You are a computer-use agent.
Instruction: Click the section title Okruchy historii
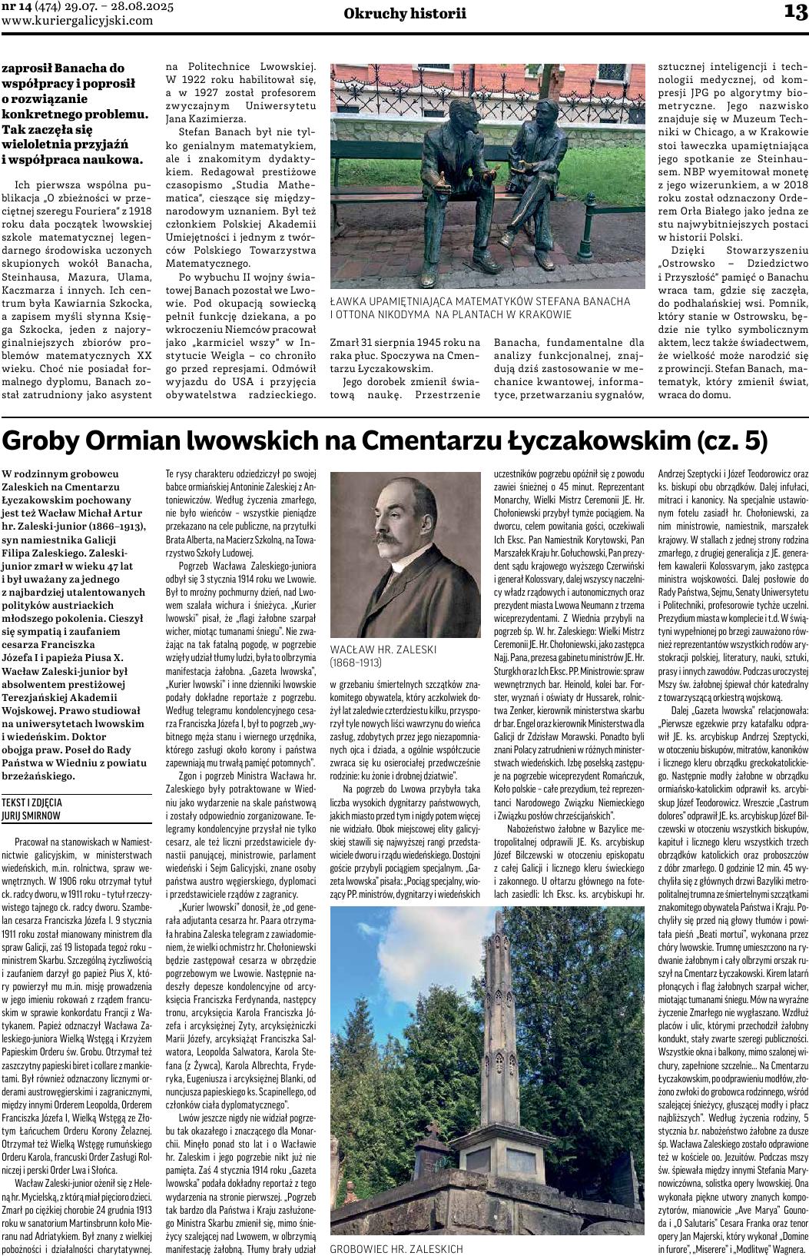click(x=405, y=13)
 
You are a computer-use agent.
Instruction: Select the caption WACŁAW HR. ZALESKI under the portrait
click(x=383, y=649)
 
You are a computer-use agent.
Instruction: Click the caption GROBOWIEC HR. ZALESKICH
click(x=396, y=1249)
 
